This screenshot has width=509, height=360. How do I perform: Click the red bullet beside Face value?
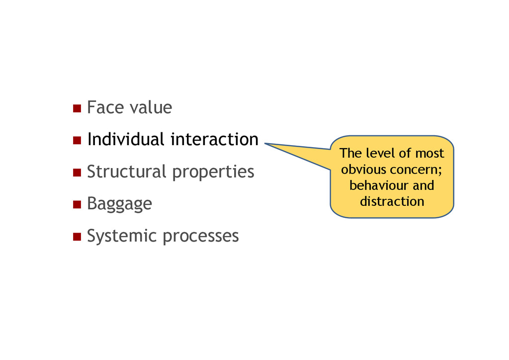[x=77, y=108]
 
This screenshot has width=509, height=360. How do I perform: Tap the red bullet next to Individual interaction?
[x=77, y=141]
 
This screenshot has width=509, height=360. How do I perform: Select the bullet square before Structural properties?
[x=77, y=173]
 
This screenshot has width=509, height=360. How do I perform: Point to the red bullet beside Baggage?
[x=77, y=204]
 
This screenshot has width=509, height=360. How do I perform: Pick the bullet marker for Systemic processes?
[x=77, y=237]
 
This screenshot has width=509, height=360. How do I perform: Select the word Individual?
[x=125, y=139]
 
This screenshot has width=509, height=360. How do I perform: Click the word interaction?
[x=214, y=139]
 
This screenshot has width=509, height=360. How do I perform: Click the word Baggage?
[x=119, y=204]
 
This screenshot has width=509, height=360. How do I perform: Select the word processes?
[x=201, y=236]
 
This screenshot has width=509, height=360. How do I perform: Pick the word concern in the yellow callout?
[x=416, y=170]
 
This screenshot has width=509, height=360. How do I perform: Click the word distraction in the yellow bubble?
[x=392, y=201]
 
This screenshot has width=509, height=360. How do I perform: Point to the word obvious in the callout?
[x=363, y=170]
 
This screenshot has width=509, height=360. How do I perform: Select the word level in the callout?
[x=379, y=153]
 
